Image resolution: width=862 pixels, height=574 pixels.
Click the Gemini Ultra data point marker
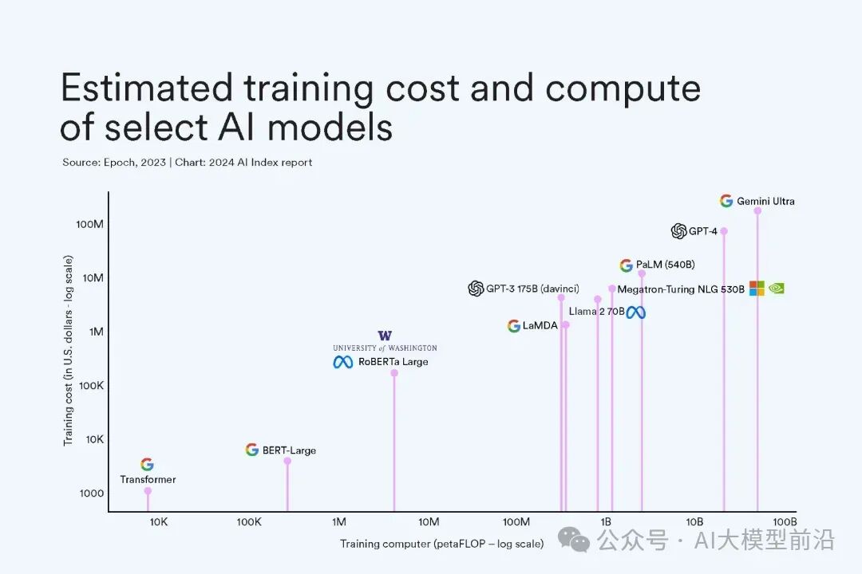(757, 210)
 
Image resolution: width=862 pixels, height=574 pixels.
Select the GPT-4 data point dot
(724, 231)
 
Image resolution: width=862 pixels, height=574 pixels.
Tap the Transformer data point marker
(148, 491)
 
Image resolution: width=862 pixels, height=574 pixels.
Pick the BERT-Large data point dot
(287, 461)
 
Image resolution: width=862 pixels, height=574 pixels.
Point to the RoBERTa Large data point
(394, 373)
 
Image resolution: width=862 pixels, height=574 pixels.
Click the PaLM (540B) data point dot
(642, 273)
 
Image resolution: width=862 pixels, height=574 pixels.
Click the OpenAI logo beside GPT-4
(678, 231)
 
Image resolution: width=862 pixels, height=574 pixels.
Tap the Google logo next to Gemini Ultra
(726, 201)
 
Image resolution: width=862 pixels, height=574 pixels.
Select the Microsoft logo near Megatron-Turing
(757, 289)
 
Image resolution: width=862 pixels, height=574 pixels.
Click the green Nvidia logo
(776, 289)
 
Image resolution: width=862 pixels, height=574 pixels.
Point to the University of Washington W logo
(385, 336)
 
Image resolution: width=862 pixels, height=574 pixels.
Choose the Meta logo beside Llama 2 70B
(636, 312)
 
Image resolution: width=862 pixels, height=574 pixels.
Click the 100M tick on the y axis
(90, 224)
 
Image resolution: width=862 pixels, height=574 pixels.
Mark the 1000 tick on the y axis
(93, 493)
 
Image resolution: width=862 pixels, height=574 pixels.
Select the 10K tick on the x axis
(159, 522)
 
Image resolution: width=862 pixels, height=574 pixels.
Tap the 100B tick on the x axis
(783, 522)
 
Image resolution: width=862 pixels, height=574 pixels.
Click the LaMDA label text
(540, 326)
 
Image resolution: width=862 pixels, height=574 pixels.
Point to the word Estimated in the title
(147, 88)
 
